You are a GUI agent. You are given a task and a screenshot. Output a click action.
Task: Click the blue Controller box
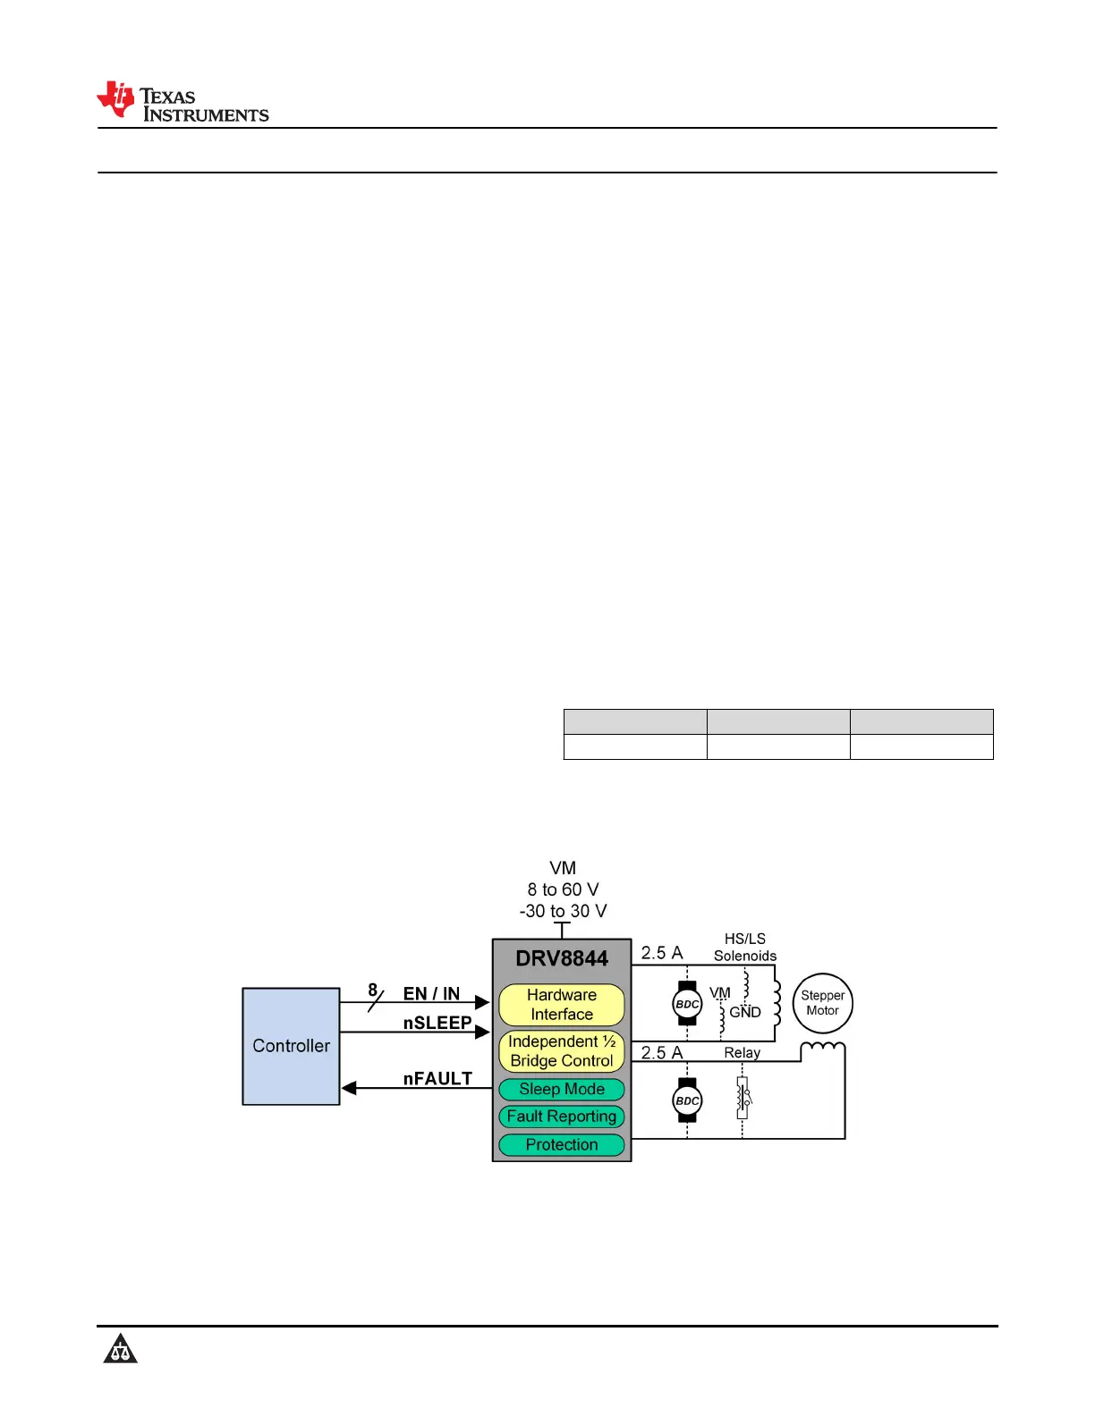[x=291, y=1046]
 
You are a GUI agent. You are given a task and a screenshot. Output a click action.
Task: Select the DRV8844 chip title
[x=561, y=958]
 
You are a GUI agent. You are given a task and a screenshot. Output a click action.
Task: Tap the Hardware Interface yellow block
[x=561, y=1005]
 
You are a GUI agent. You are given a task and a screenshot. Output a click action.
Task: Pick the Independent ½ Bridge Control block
[x=561, y=1051]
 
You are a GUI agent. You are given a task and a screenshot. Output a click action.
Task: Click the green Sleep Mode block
[x=561, y=1089]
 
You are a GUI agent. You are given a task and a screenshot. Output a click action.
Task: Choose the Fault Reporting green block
[x=561, y=1117]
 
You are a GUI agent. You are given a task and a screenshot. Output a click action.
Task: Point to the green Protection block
[x=561, y=1145]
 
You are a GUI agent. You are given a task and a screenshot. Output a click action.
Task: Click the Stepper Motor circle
[x=822, y=1003]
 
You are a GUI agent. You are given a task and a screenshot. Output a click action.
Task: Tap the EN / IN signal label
[x=431, y=994]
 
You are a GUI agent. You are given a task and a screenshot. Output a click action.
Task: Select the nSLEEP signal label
[x=437, y=1023]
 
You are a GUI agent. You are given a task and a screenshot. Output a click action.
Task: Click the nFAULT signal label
[x=437, y=1079]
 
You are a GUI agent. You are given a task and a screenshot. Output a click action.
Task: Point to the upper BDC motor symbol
[x=686, y=1004]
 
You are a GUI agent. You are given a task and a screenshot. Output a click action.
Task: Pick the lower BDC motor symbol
[x=686, y=1100]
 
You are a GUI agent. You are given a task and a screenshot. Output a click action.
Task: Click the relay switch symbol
[x=743, y=1099]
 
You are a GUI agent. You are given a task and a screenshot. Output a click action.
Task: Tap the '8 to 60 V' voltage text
[x=563, y=889]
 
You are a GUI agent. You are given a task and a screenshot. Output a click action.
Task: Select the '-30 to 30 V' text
[x=563, y=911]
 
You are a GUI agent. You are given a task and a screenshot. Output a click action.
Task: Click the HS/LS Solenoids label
[x=744, y=948]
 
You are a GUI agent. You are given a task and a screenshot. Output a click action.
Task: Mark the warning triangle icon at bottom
[x=120, y=1349]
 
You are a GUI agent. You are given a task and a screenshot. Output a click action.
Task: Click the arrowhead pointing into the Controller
[x=350, y=1088]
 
